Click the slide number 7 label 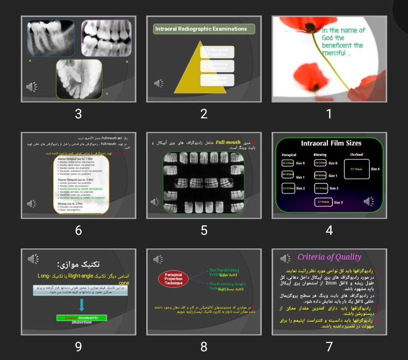(329, 346)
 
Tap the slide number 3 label (78, 113)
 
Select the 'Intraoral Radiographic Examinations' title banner (204, 29)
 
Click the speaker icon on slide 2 (159, 83)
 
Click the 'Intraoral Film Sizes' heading (331, 143)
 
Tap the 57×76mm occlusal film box (356, 169)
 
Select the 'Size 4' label (375, 169)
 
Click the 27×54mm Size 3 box (323, 202)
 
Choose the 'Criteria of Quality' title (329, 257)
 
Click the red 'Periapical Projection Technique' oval (173, 279)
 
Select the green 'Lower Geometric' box (82, 318)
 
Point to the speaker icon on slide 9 (33, 259)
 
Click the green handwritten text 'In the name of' (343, 30)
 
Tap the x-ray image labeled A (51, 38)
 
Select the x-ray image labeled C (79, 79)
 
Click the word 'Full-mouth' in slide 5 (228, 143)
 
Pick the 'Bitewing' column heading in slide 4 (320, 155)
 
